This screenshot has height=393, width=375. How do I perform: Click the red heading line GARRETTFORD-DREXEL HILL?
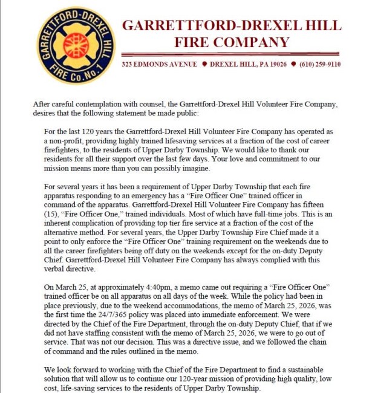pyautogui.click(x=232, y=26)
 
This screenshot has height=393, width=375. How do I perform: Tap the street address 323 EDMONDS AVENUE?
pyautogui.click(x=159, y=64)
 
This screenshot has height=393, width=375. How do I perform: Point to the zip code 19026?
pyautogui.click(x=277, y=64)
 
